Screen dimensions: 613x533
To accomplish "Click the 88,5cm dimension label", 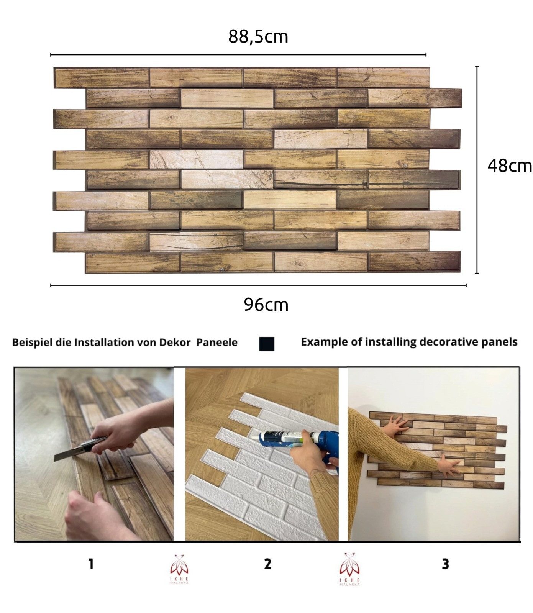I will coord(258,37).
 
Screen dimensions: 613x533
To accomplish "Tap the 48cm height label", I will coord(509,166).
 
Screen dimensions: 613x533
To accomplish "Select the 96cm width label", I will coord(266,305).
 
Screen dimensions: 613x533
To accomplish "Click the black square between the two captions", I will coord(267,344).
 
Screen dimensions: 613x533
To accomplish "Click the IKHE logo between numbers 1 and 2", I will coord(179,569).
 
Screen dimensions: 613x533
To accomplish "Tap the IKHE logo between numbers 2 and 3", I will coord(349,569).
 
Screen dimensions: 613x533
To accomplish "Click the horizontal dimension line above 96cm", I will coord(258,285).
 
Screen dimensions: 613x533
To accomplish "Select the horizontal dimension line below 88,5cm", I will coord(238,55).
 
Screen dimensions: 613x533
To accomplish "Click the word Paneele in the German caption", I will coord(217,343).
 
